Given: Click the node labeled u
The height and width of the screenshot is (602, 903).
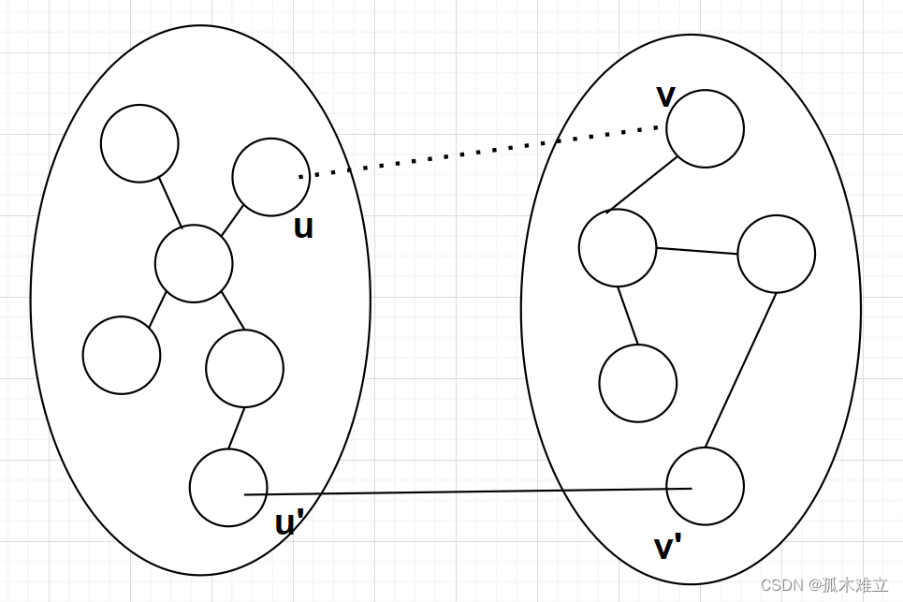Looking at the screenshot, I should (x=270, y=177).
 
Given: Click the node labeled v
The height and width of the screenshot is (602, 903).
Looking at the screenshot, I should (x=705, y=128).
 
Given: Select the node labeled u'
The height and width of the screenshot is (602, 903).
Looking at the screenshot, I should (x=228, y=487).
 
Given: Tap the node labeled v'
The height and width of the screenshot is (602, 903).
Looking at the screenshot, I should (x=705, y=486).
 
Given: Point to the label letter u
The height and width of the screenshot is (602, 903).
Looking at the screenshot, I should (x=303, y=228).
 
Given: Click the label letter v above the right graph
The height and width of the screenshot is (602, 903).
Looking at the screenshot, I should (x=665, y=95).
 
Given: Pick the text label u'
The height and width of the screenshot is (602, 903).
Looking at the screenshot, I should (x=288, y=523).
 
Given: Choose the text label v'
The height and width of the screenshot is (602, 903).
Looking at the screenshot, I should (x=666, y=547).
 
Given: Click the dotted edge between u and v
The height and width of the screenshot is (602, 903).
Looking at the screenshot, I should (x=477, y=152).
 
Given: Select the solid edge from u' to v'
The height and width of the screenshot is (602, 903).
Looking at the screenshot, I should (x=468, y=492).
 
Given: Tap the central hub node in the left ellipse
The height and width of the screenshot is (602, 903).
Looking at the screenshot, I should (x=194, y=263).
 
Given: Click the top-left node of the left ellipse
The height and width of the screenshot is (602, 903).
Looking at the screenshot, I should (x=139, y=143).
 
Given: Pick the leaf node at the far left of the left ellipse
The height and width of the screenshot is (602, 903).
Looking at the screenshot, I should (x=122, y=355).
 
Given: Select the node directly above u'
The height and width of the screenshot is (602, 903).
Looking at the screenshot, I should (x=244, y=368).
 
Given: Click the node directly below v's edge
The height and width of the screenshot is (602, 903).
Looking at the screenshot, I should (x=618, y=247).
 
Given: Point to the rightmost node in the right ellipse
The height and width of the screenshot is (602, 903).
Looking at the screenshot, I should (x=776, y=254).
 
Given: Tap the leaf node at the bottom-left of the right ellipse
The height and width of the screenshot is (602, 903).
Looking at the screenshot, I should (x=637, y=383).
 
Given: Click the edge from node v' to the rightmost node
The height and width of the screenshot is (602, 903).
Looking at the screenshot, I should (x=740, y=371).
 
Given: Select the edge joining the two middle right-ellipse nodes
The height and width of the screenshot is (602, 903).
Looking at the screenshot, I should (x=696, y=251).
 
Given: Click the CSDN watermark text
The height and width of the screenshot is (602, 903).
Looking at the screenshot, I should (x=823, y=585).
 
